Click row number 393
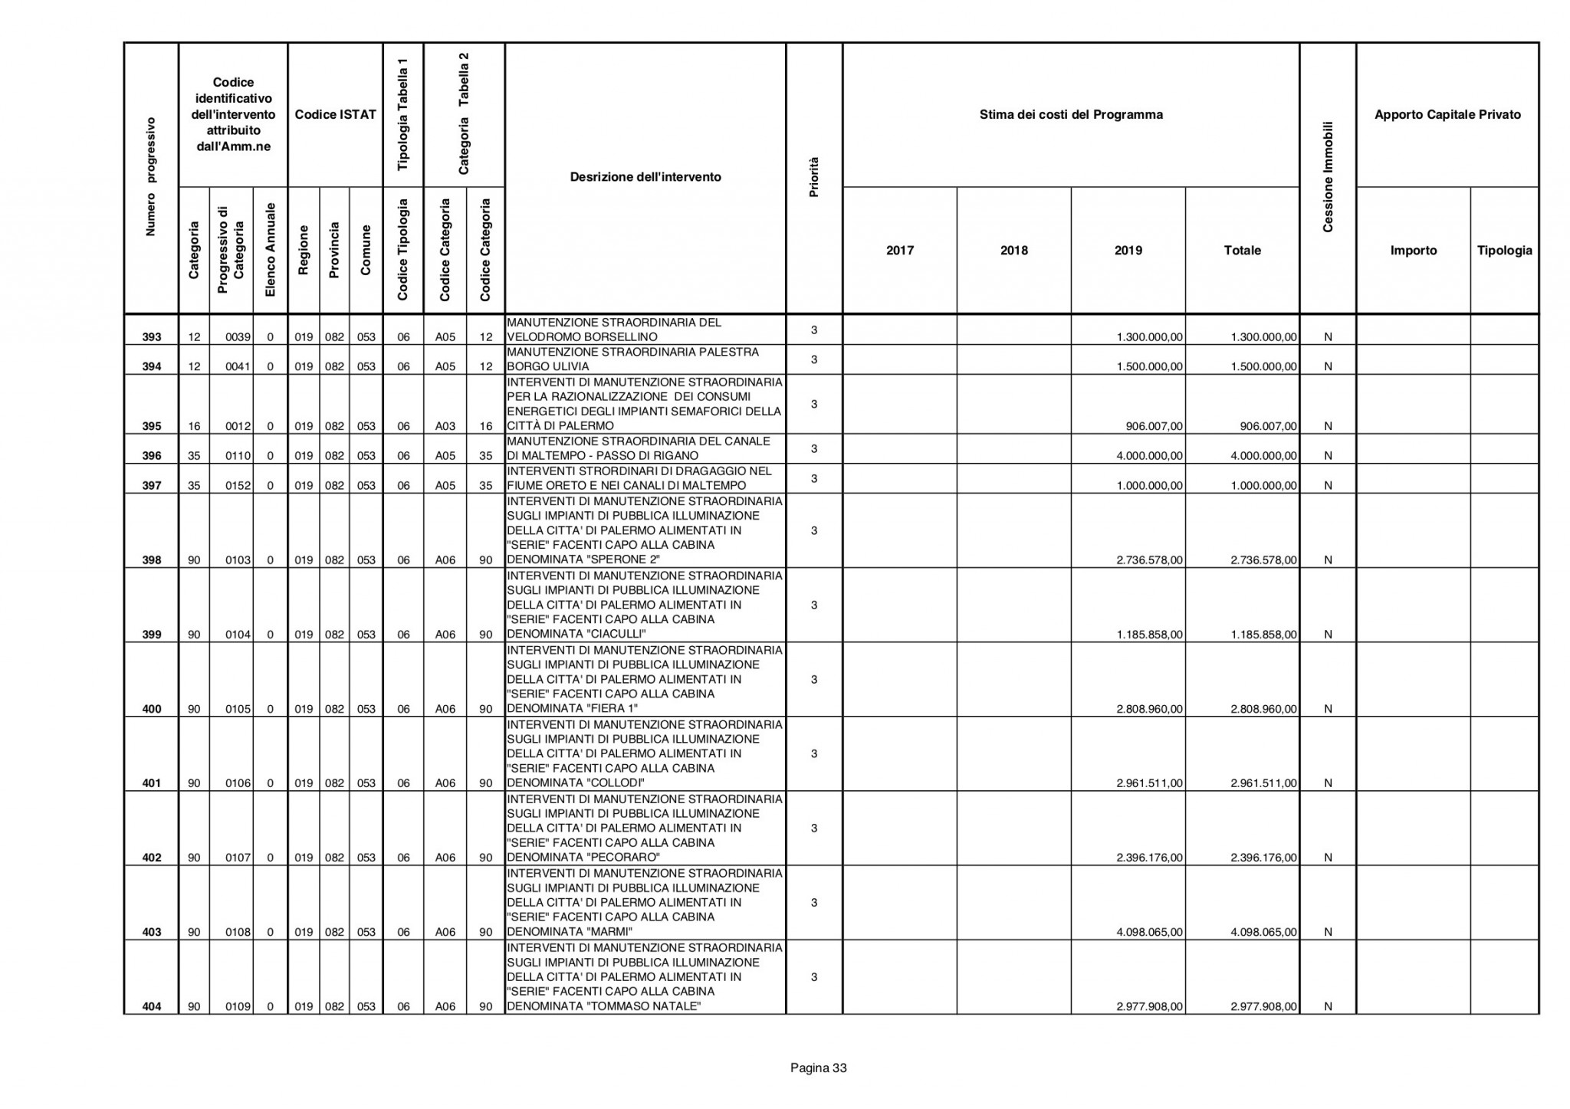[152, 337]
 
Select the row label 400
[152, 709]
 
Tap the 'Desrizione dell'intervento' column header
[645, 177]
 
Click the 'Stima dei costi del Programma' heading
[1071, 115]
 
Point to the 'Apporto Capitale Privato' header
[1447, 115]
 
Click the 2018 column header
[1013, 251]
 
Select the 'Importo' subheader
[1414, 251]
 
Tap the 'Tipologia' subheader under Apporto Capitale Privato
[1504, 251]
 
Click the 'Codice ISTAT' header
[335, 115]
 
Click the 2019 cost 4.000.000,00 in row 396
[1150, 456]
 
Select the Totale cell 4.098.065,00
[1263, 932]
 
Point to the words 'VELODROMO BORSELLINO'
[582, 337]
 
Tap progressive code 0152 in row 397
[238, 485]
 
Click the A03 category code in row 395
[445, 426]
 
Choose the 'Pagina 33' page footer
[818, 1068]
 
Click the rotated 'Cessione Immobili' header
[1328, 177]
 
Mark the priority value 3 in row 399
[814, 605]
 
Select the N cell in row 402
[1328, 858]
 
